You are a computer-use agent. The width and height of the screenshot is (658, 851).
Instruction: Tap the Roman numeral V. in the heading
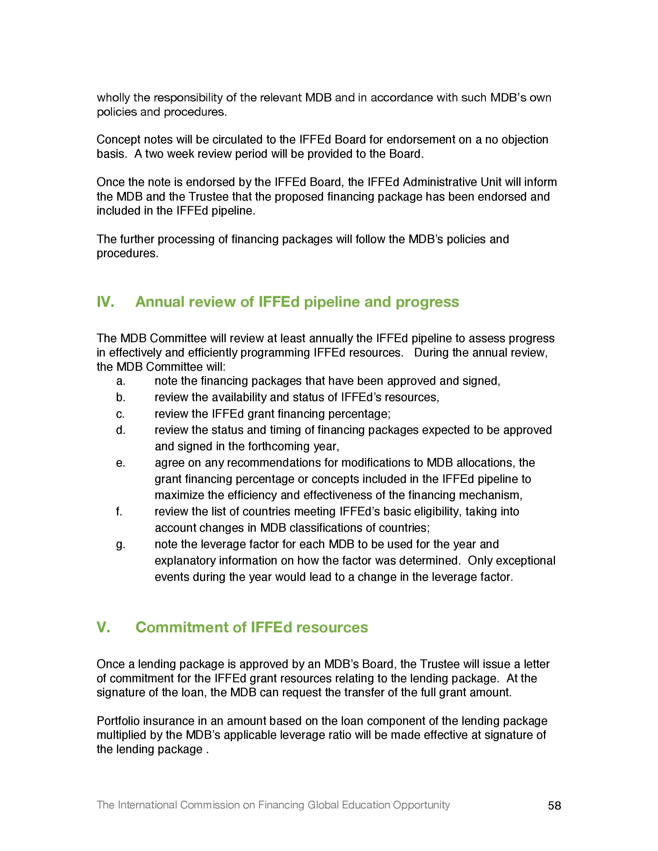coord(103,627)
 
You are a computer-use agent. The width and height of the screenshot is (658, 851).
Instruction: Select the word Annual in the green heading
coord(160,302)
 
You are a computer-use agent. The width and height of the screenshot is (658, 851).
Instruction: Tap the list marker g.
coord(121,544)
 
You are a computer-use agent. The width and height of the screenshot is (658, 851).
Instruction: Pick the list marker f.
coord(119,511)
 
